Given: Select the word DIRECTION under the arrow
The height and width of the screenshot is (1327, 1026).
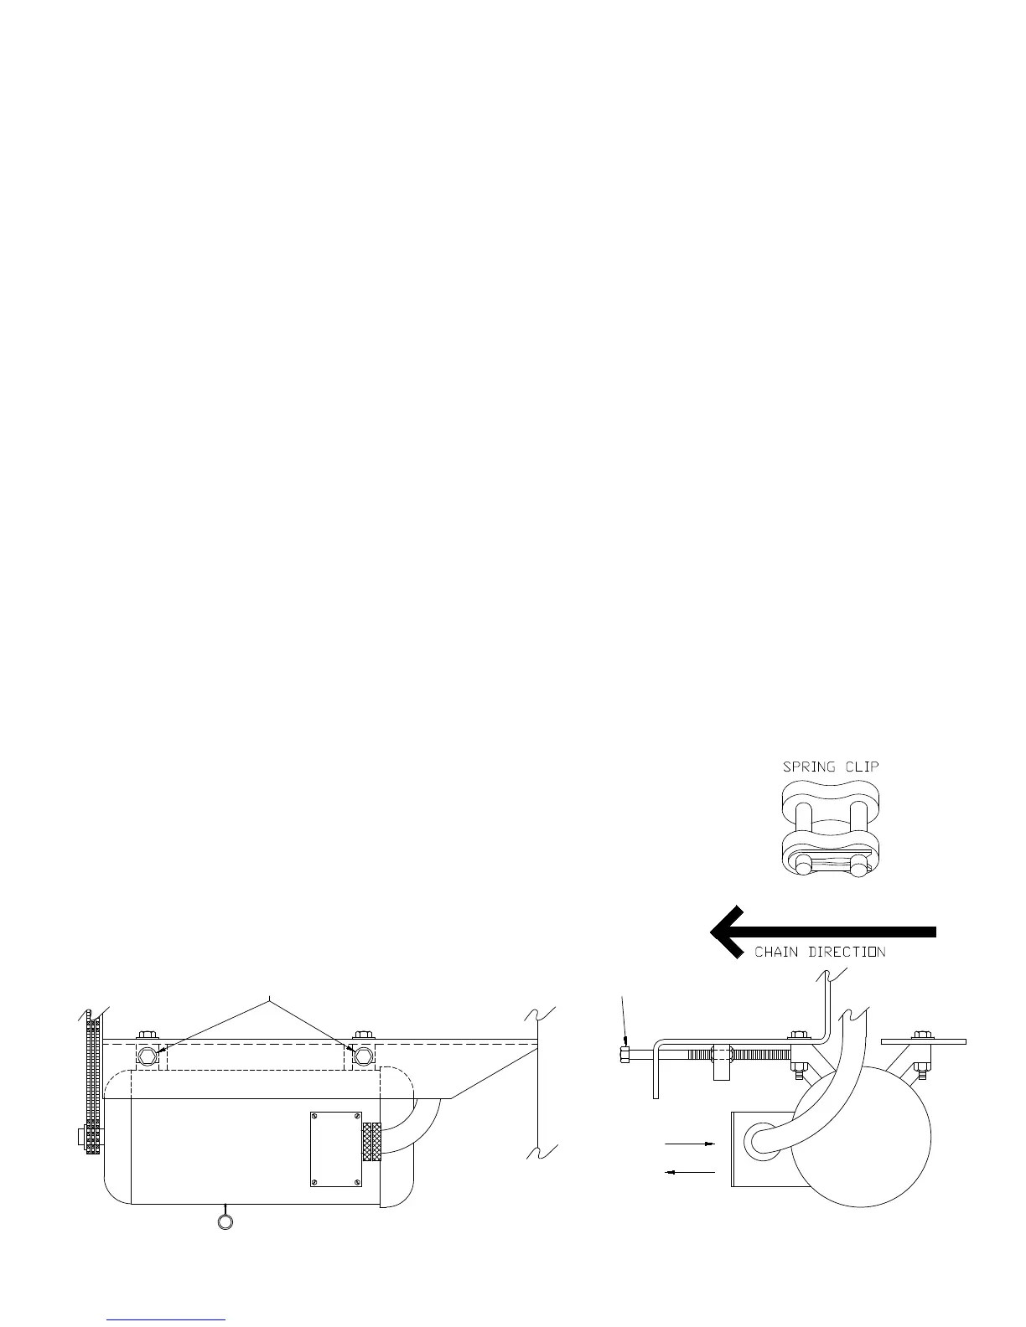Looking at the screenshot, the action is (847, 952).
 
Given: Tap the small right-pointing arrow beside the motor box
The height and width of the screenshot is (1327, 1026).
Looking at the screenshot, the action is (690, 1142).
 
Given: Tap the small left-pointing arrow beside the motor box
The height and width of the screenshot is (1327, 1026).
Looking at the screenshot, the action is (690, 1172).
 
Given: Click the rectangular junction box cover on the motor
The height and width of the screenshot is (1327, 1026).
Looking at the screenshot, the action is (335, 1148).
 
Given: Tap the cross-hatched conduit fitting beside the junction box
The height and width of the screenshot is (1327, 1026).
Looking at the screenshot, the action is (371, 1143).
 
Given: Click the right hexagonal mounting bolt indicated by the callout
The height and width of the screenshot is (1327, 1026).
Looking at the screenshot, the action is (362, 1054).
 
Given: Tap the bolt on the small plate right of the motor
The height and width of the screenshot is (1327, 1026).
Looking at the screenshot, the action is (922, 1036).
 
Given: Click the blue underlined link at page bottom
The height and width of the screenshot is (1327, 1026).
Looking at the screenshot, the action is (168, 1319).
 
